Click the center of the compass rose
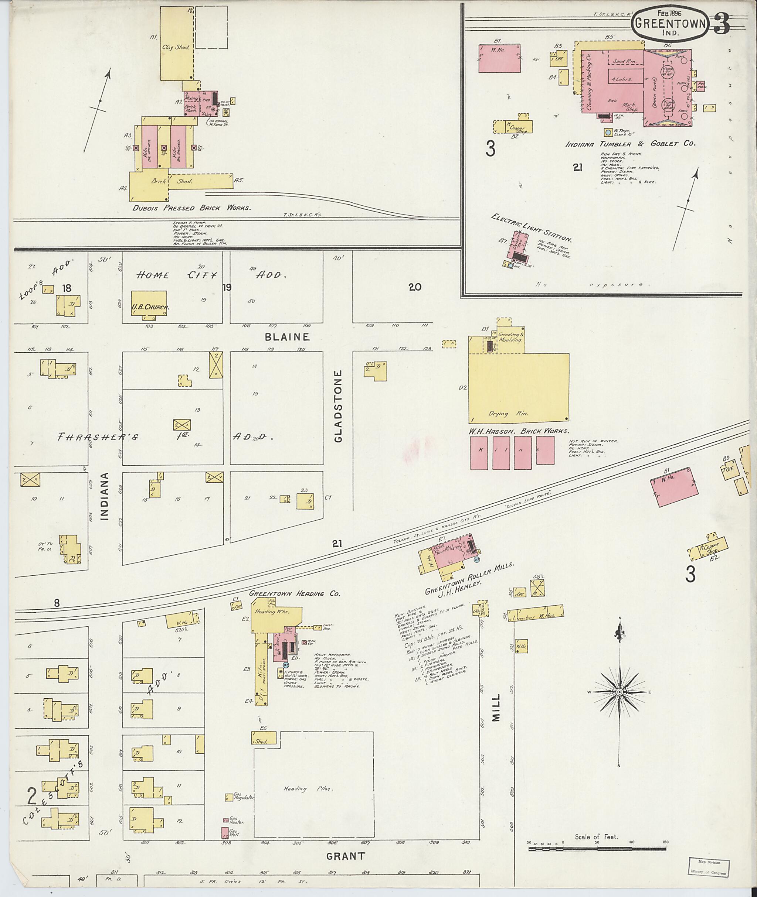click(x=619, y=692)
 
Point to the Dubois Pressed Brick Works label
click(x=191, y=208)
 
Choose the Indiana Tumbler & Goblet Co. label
click(x=629, y=144)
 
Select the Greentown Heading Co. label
click(x=294, y=593)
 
